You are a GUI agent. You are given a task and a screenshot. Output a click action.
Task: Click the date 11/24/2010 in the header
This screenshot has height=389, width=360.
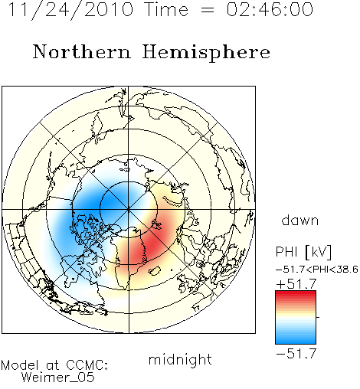(70, 10)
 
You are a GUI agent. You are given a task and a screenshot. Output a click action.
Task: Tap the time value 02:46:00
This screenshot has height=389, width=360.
(270, 9)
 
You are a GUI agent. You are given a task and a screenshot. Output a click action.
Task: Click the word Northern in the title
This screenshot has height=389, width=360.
(82, 51)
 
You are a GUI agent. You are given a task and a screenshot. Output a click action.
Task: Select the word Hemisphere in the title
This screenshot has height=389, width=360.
(206, 52)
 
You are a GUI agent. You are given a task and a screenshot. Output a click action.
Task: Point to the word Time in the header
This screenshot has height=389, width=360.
(166, 9)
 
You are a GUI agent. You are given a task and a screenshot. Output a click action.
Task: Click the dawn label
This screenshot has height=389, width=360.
(300, 220)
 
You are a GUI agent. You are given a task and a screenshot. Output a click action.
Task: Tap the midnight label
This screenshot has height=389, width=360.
(180, 360)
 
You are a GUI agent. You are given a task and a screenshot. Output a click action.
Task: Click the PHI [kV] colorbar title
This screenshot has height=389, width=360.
(303, 252)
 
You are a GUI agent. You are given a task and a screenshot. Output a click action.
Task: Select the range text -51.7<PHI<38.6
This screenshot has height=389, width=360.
(317, 270)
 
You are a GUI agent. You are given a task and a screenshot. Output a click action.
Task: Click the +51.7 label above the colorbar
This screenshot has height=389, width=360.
(296, 284)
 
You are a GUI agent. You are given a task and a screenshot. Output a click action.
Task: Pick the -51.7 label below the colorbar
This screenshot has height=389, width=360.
(296, 353)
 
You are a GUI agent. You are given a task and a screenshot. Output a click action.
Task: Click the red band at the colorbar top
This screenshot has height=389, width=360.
(296, 294)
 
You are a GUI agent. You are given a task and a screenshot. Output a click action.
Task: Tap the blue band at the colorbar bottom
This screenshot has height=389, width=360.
(296, 341)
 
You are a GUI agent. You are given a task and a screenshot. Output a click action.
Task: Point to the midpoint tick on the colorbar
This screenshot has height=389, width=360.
(318, 317)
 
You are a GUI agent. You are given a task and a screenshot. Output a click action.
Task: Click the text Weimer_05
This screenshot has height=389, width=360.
(58, 378)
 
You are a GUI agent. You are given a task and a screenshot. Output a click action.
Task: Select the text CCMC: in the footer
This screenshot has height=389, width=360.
(87, 365)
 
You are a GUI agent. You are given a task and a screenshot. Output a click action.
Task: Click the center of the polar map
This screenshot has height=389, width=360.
(129, 210)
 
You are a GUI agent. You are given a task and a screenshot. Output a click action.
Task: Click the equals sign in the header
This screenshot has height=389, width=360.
(208, 10)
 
